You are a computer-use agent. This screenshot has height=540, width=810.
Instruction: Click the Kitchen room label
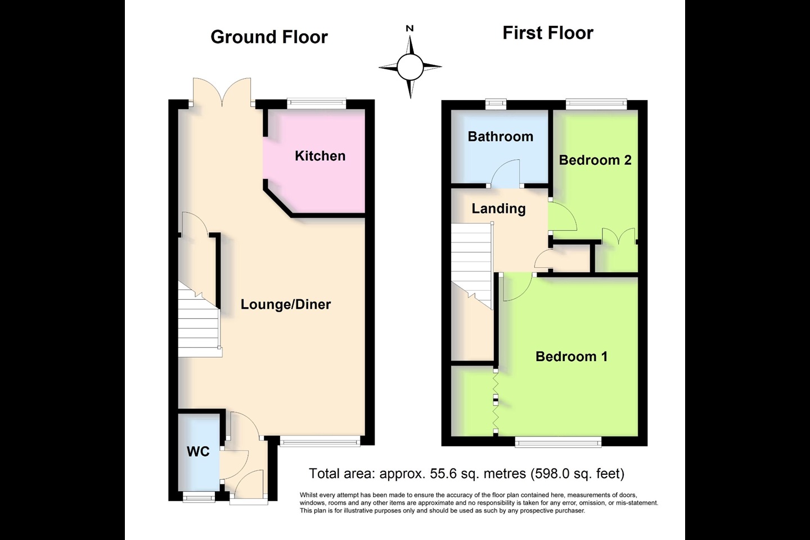coord(320,156)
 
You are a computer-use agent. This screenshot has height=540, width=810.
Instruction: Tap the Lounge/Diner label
coord(286,304)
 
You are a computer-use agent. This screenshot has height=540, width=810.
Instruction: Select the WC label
coord(198,451)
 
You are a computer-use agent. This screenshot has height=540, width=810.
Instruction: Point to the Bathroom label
coord(501,136)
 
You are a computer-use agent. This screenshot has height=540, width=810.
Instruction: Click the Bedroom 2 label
coord(595,160)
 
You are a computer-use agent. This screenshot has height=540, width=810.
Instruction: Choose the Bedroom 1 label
coord(571,356)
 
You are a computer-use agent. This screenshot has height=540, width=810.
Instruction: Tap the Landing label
coord(498,209)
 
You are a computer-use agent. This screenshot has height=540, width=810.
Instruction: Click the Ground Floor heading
coord(269,37)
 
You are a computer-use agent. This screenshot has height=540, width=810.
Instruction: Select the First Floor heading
coord(548,33)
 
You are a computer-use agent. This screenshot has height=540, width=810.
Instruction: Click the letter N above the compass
coord(409,29)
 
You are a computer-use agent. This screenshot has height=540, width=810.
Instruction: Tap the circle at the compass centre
coord(410,67)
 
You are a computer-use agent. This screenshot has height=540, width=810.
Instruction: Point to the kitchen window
coord(317,104)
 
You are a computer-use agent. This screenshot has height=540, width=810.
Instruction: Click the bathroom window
coord(496,104)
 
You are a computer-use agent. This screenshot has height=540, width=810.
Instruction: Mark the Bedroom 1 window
coord(559,442)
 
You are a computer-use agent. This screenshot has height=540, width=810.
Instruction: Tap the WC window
coord(199,497)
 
